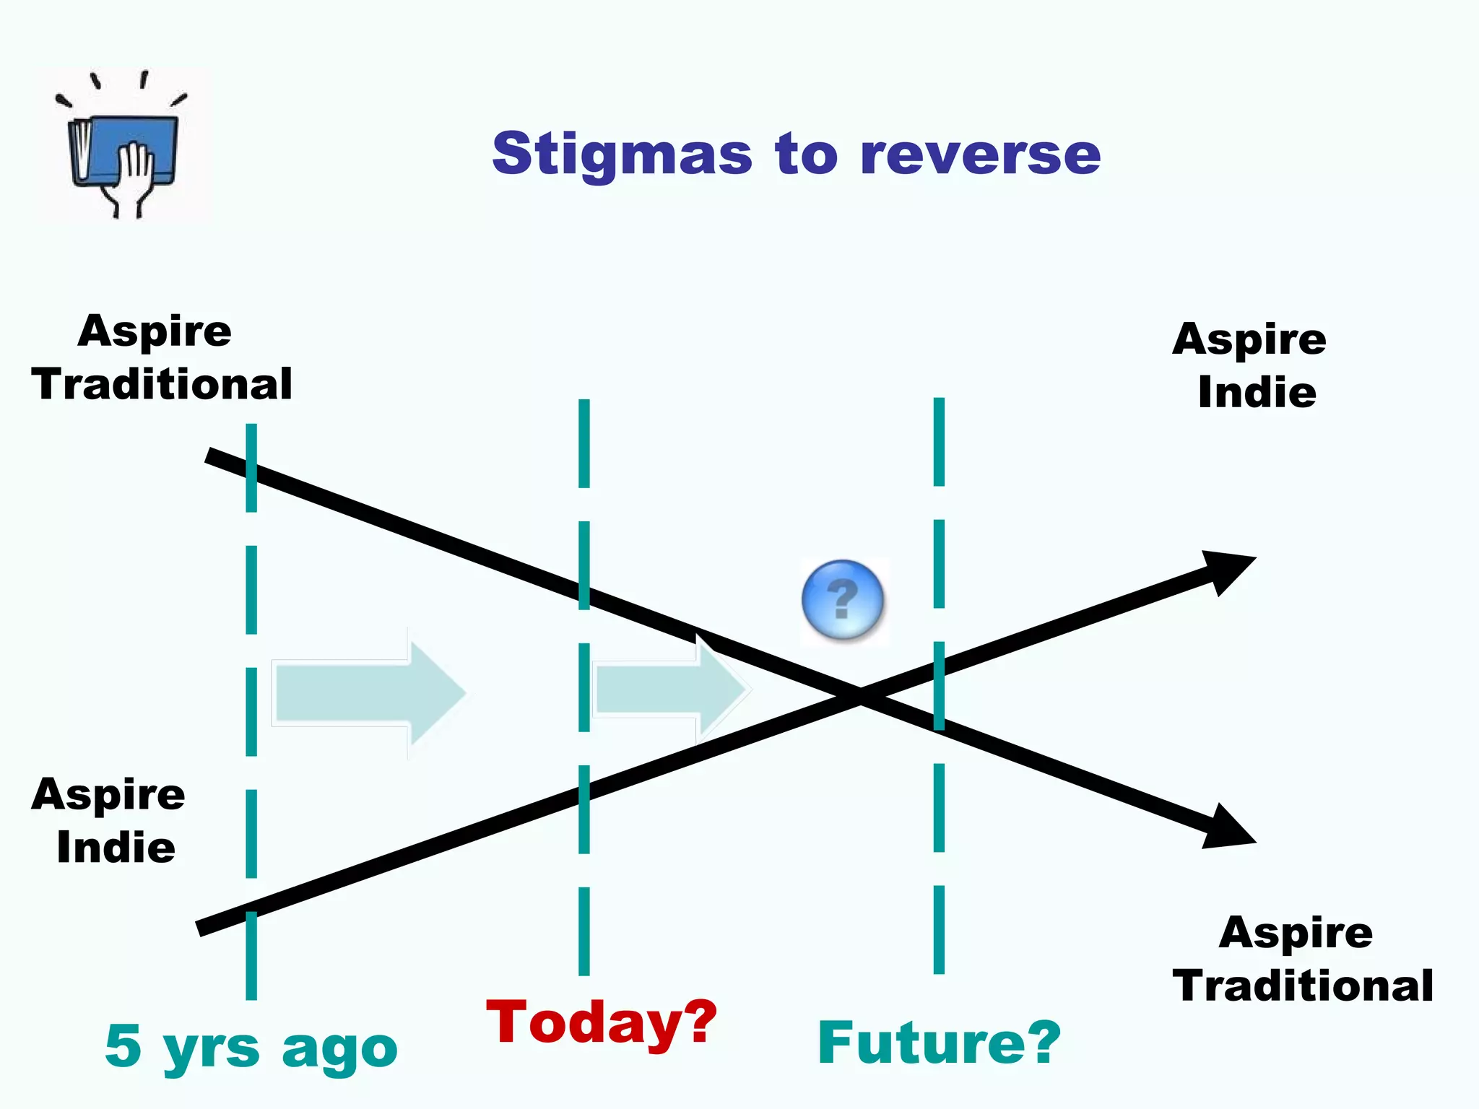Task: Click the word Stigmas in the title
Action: coord(622,155)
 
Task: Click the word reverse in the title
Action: coord(981,155)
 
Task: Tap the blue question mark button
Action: coord(842,599)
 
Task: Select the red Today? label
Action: coord(602,1022)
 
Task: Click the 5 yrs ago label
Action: coord(251,1047)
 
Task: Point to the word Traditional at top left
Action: coord(162,383)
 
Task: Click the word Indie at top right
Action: coord(1257,392)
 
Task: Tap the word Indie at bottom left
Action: coord(116,847)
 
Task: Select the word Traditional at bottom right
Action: coord(1303,986)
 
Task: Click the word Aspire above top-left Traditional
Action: coord(155,331)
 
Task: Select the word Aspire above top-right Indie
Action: coord(1249,339)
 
